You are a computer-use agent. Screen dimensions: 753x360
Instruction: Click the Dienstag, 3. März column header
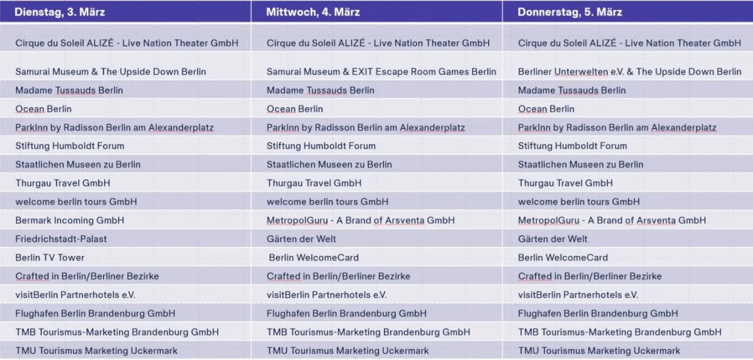60,12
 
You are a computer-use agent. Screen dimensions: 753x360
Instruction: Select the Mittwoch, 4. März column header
313,12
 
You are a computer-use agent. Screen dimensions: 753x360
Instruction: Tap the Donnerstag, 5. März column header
570,12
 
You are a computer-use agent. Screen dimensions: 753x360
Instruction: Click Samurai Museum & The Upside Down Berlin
110,71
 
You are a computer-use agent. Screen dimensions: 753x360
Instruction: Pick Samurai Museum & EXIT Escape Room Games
382,71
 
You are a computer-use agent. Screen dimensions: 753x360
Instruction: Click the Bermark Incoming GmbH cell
70,220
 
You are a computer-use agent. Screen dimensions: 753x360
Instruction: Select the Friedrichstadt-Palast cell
61,239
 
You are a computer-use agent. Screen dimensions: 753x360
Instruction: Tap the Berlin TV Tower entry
50,258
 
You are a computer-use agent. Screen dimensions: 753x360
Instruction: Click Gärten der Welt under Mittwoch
301,239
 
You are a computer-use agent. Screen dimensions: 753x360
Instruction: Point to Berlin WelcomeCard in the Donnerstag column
563,258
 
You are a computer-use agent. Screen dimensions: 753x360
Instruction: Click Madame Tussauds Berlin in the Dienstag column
69,90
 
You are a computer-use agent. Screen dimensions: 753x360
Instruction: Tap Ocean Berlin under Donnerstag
546,109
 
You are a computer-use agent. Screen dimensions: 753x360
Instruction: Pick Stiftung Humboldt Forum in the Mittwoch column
321,146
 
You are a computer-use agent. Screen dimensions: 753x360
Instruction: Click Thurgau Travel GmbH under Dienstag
63,183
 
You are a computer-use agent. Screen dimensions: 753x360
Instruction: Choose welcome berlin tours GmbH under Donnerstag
579,202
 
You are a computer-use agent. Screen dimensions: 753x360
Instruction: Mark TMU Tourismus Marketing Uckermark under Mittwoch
348,351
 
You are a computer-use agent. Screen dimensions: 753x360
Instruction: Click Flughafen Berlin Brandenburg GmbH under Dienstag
95,314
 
